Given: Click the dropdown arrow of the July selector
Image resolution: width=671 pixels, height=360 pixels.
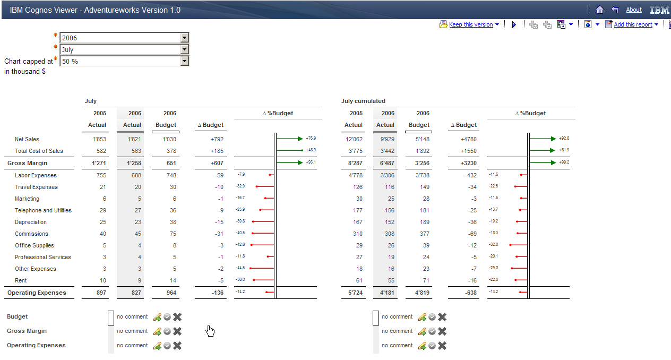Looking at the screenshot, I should pos(184,49).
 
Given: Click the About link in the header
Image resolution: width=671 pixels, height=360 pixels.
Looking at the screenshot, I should pos(634,10).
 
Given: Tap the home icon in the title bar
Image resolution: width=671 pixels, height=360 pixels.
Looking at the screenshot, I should pos(600,10).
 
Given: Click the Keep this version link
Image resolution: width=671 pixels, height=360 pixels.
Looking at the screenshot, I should pos(471,24).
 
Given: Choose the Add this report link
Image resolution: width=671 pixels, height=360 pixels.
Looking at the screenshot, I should pos(633,24).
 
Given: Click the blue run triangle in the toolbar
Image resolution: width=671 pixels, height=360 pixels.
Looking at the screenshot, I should pos(514,24).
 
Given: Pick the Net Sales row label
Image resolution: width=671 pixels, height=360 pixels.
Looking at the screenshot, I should pos(27,139).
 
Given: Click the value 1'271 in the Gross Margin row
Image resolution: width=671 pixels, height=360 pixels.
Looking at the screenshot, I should pos(98,163).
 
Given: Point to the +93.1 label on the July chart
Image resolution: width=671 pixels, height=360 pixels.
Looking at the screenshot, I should pos(311,162).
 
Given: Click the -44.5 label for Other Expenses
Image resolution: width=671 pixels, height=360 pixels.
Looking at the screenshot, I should pos(240,268).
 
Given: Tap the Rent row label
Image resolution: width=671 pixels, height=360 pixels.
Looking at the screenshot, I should pos(21,280).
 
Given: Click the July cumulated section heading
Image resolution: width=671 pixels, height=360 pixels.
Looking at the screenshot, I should pos(363,101).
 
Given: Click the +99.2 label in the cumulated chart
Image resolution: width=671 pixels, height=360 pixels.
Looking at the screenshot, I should pos(564,162).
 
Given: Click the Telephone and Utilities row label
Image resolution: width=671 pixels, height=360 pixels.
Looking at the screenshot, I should pos(43,210).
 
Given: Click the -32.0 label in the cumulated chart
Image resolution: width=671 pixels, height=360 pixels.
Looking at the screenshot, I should pos(494,245).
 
